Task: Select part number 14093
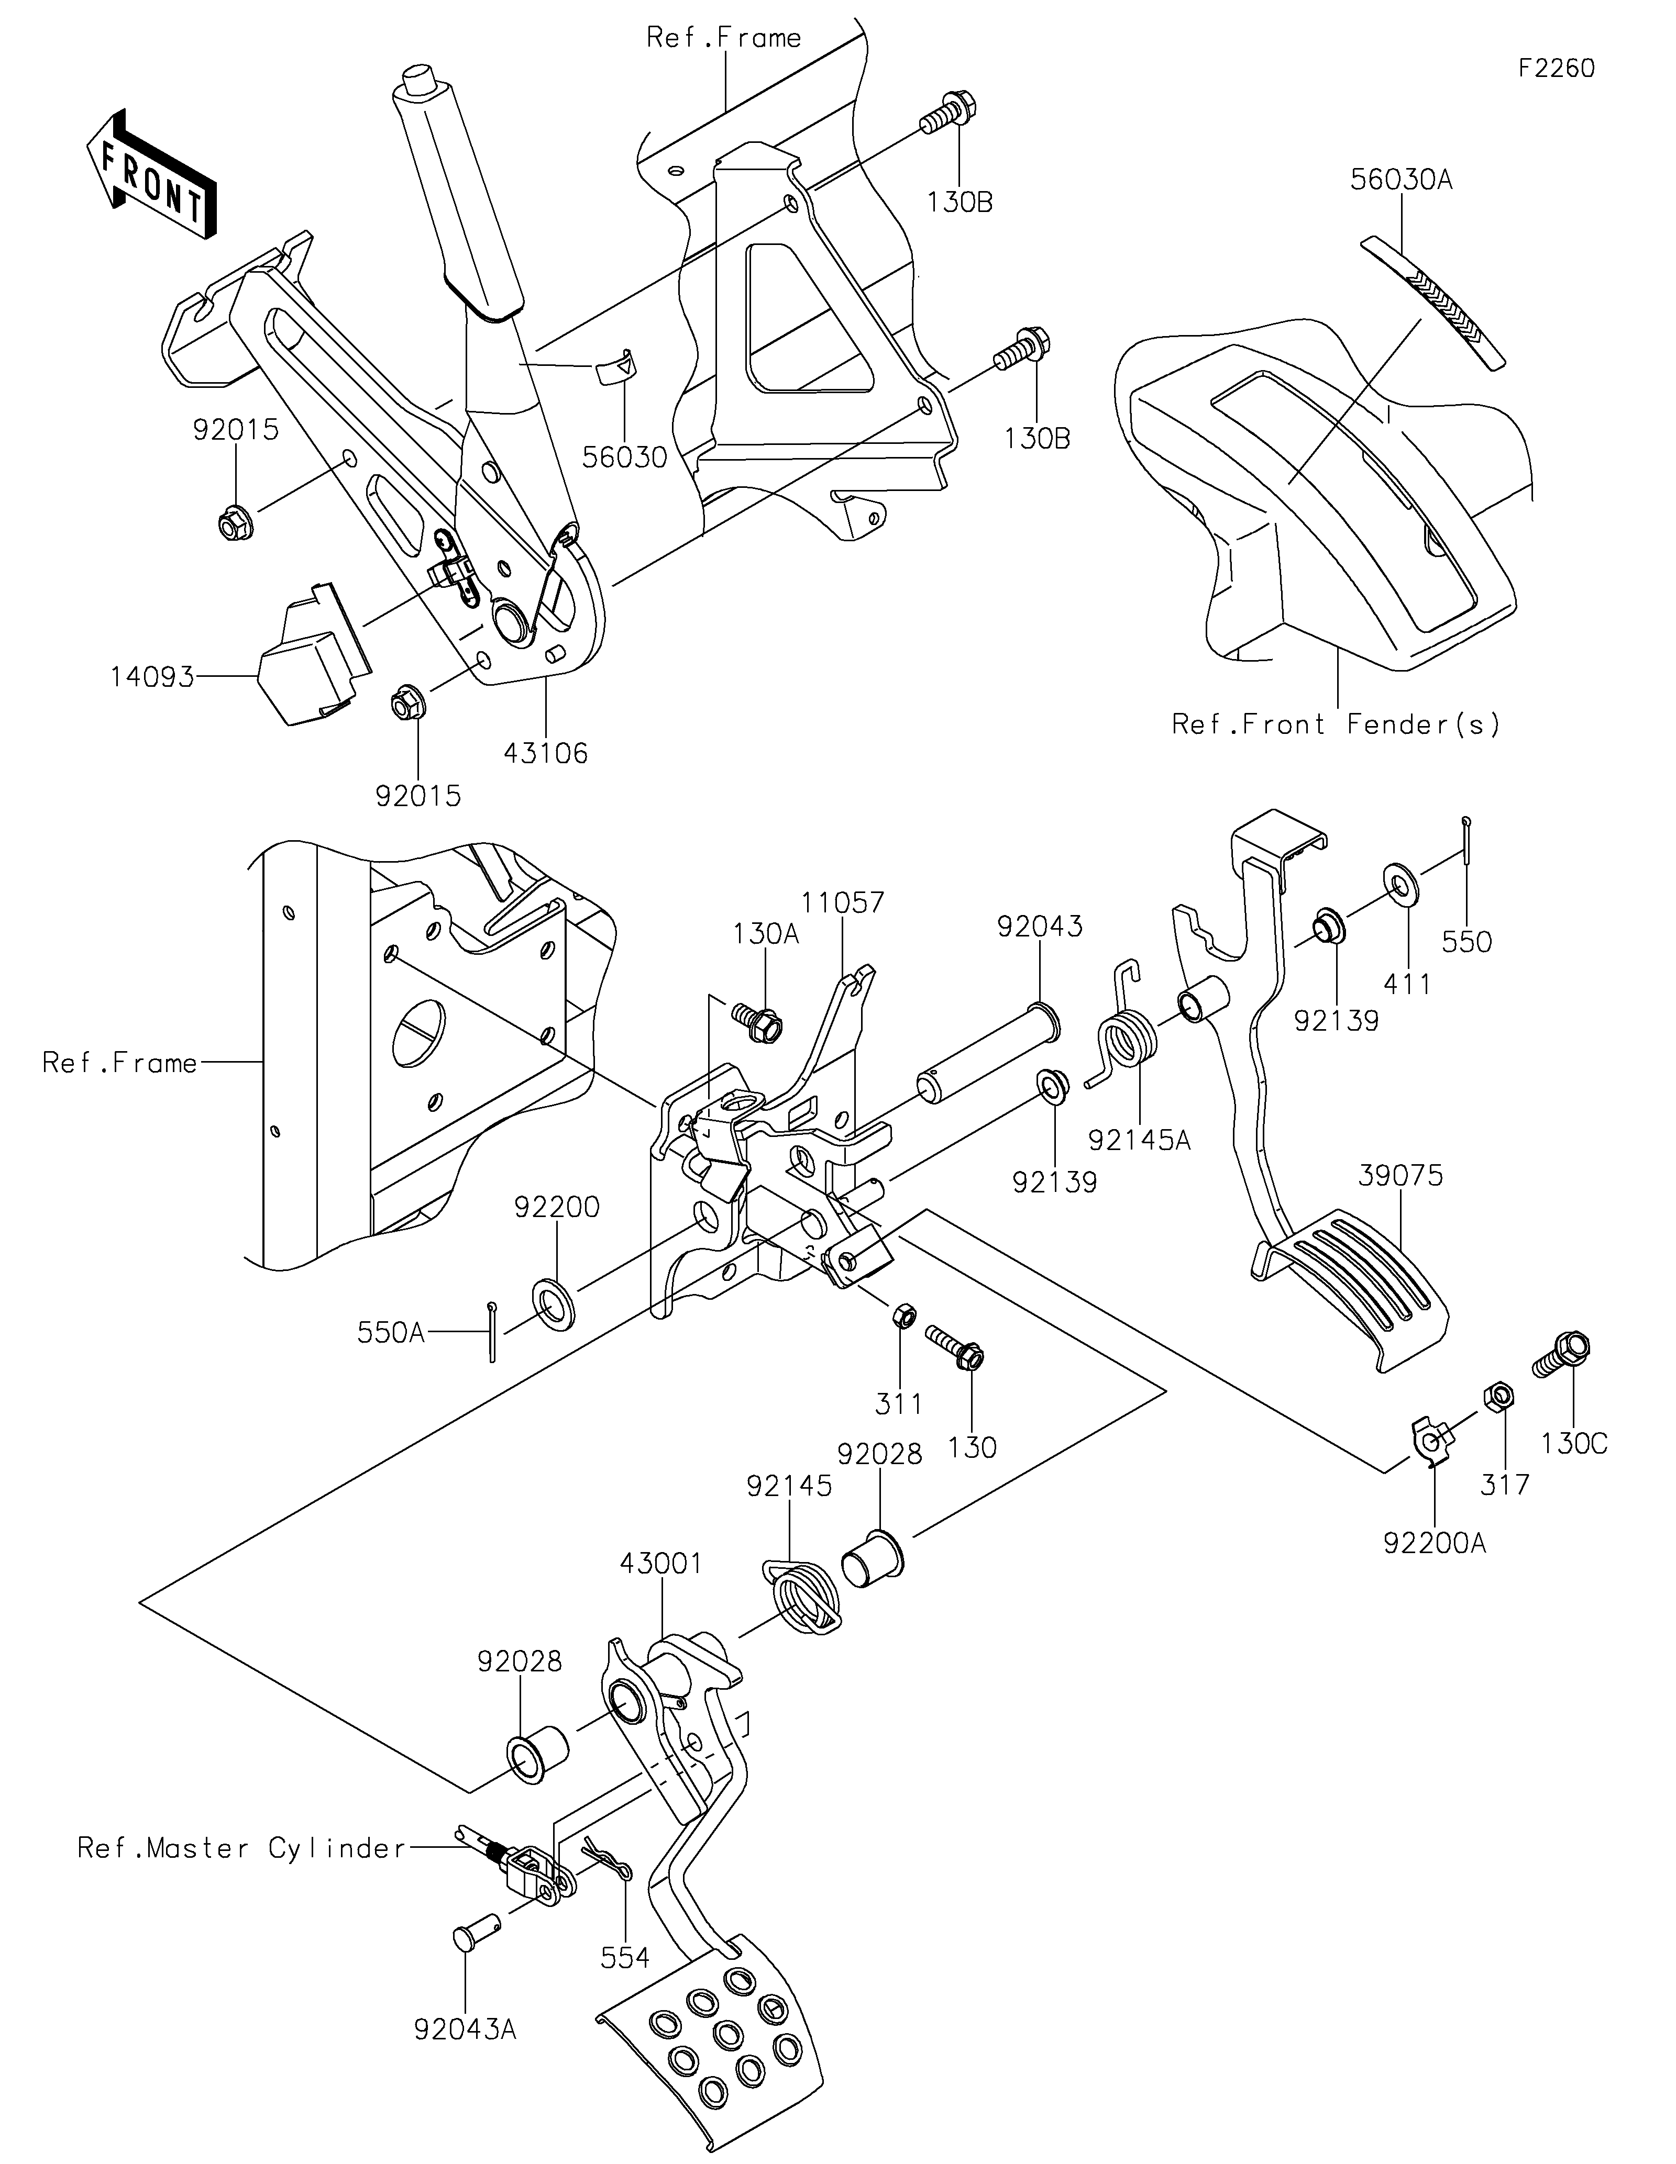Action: [152, 679]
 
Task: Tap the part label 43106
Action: [545, 754]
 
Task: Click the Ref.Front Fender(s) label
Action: [1336, 724]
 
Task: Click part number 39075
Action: [1401, 1176]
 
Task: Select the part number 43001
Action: [661, 1564]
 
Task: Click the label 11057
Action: [843, 902]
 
